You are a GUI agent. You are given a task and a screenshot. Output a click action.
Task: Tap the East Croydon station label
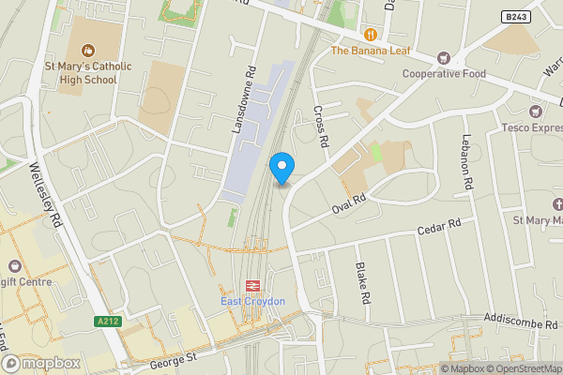tap(251, 301)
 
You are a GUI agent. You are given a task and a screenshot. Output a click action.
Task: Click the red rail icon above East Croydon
tap(251, 286)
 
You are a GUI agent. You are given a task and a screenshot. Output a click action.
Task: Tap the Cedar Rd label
tap(440, 226)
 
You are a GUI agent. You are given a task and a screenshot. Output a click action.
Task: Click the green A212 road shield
tap(108, 322)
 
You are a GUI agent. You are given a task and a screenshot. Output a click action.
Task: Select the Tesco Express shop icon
tap(537, 112)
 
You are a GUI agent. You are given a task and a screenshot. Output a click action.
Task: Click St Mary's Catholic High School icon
tap(88, 50)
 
